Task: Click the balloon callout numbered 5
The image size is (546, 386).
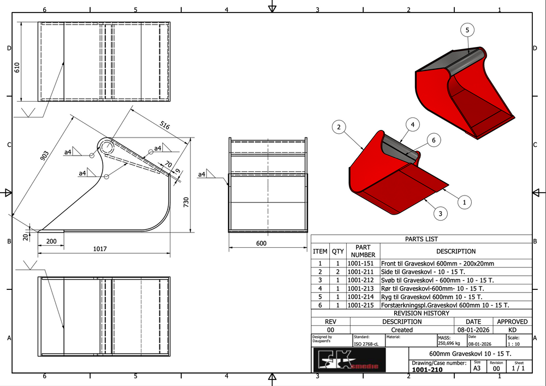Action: tap(467, 31)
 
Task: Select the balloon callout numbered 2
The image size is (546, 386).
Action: tap(339, 128)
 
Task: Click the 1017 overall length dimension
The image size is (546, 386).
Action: tap(99, 249)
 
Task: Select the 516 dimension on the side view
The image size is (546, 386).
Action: tap(164, 126)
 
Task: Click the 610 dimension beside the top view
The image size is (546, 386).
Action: tap(17, 68)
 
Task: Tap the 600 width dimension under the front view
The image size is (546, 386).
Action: tap(261, 243)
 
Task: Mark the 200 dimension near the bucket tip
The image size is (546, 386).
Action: tap(51, 241)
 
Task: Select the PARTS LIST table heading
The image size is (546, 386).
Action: tap(421, 239)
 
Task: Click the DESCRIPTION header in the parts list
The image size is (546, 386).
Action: tap(456, 251)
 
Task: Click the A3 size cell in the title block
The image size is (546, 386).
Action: tap(477, 369)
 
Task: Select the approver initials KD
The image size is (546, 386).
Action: tap(512, 330)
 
